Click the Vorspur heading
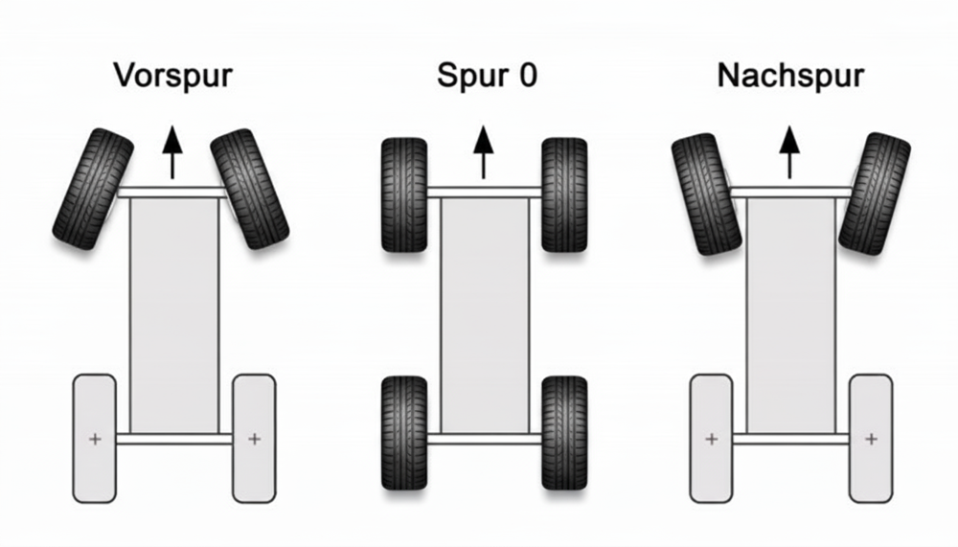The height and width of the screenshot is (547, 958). coord(172,76)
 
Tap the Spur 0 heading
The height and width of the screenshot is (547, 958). coord(487,76)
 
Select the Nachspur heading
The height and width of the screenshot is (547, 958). coord(790,76)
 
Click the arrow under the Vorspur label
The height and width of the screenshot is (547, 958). coord(172,153)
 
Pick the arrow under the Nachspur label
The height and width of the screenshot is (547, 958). coord(790,153)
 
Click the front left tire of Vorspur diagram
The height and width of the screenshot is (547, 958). coord(93,189)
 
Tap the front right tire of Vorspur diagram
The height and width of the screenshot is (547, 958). coord(250,189)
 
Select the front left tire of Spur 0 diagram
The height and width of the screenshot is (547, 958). coord(404,194)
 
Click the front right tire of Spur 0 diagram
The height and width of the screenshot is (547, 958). coord(564,194)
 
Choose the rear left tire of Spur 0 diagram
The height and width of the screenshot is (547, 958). coord(404,433)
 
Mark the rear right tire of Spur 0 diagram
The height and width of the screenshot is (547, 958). coord(564,433)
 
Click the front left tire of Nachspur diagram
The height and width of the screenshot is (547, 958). coord(706,194)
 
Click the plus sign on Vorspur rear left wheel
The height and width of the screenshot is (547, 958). coord(94,440)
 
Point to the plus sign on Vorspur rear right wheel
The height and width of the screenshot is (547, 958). coord(254,440)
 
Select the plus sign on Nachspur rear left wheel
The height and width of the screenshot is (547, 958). coord(711,440)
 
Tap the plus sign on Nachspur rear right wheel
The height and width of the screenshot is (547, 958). coord(870,440)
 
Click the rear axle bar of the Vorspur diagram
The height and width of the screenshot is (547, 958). coord(173,440)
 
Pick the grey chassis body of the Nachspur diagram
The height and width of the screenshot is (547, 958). coord(790,316)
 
